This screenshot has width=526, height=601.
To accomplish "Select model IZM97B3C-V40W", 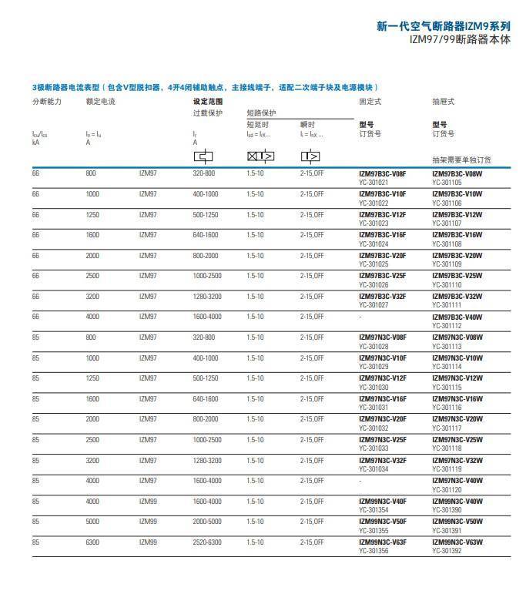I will [457, 317].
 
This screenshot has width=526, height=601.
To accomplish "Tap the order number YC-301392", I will [447, 550].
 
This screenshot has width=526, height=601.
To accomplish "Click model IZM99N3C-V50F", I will [383, 522].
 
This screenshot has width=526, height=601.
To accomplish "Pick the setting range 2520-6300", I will [206, 542].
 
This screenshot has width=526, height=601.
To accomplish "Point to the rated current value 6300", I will [92, 542].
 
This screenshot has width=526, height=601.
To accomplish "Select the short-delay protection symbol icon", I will [260, 156].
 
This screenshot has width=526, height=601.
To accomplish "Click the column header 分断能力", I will [46, 102].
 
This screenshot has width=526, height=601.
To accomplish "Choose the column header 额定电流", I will [100, 102].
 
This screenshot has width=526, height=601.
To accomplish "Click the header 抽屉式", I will [444, 102].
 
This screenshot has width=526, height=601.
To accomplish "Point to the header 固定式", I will [370, 102].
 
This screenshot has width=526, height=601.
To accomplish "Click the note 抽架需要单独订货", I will [461, 160].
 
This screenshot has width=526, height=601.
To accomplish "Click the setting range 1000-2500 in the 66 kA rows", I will [206, 276].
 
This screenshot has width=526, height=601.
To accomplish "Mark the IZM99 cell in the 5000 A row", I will [148, 522].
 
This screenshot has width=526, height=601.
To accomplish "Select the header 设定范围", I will [207, 102].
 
